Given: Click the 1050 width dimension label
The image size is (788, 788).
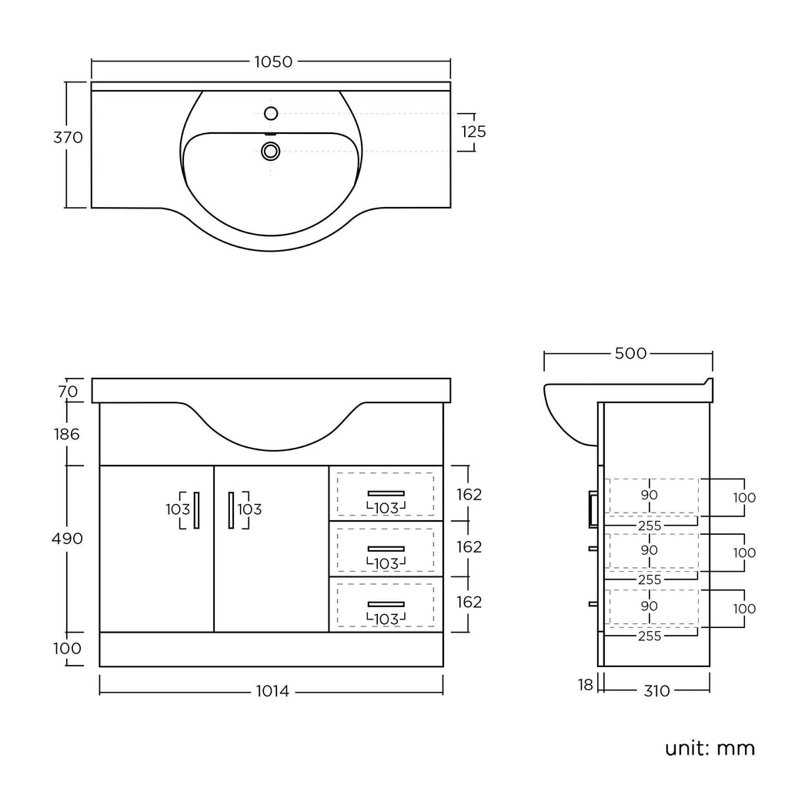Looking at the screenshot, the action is point(273,62).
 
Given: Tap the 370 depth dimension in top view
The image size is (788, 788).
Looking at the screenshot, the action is point(68,137).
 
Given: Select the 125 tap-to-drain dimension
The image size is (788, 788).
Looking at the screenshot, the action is point(473,132).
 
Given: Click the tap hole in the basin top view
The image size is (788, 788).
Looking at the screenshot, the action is point(271,114).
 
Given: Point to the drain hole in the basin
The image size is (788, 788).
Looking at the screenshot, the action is point(271,151).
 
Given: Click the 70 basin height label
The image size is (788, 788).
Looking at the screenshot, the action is point(68,392).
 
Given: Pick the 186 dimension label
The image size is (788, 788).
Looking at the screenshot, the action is point(67,434).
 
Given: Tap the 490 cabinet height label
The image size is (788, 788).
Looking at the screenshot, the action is point(68,539).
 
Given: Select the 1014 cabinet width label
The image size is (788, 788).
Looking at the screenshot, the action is point(272,692).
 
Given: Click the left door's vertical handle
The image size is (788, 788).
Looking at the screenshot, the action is point(196,510).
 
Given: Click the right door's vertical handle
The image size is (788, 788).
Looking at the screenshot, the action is point(231,510).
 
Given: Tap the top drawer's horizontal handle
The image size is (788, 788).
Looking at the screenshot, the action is point(386,493).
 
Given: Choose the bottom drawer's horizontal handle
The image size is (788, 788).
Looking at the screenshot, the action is point(386,604).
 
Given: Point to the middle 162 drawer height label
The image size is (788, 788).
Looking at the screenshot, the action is point(469,547).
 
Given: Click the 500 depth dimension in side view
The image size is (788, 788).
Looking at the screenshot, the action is point(631,353).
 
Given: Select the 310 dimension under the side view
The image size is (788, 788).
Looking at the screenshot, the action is point(657,691).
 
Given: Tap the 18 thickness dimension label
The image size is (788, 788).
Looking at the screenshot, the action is point(586,685).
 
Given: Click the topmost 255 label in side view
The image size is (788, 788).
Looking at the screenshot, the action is point(649,526).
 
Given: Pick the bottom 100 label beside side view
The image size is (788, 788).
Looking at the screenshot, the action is point(744,609).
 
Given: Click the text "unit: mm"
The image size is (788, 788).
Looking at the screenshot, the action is point(710,748).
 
